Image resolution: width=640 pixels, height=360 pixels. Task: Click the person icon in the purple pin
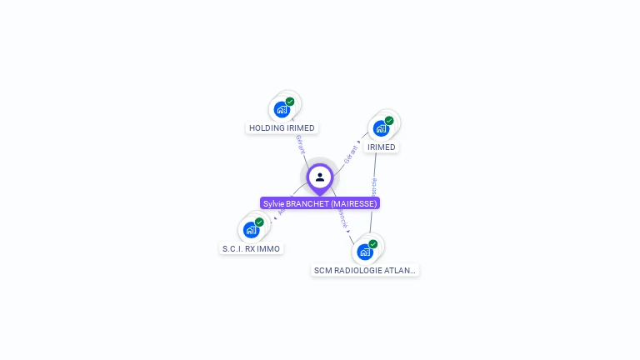pyautogui.click(x=320, y=177)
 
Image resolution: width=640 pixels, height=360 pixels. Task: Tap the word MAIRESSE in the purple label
pyautogui.click(x=354, y=203)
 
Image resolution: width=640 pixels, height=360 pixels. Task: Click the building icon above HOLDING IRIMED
pyautogui.click(x=282, y=109)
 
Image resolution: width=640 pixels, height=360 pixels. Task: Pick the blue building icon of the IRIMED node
pyautogui.click(x=381, y=128)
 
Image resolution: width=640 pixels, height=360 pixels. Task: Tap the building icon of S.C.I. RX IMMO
pyautogui.click(x=251, y=230)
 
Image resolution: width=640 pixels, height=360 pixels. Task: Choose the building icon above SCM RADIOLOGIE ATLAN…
pyautogui.click(x=364, y=252)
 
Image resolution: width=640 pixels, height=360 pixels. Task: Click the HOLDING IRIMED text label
pyautogui.click(x=282, y=128)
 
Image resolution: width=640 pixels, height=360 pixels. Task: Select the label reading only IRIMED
pyautogui.click(x=382, y=147)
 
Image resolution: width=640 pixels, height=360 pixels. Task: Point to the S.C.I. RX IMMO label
pyautogui.click(x=252, y=248)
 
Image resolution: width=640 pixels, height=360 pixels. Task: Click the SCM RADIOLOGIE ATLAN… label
pyautogui.click(x=365, y=271)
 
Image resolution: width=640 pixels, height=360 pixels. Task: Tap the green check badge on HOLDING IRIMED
pyautogui.click(x=290, y=102)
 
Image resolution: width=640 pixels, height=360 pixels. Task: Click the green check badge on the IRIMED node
pyautogui.click(x=389, y=121)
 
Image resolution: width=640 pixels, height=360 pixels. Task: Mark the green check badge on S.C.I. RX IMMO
pyautogui.click(x=259, y=222)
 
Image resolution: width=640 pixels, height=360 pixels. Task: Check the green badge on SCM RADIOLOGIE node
pyautogui.click(x=372, y=244)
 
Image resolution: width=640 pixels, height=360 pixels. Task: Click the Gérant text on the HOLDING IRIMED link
pyautogui.click(x=300, y=143)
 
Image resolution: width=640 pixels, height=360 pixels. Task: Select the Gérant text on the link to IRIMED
pyautogui.click(x=350, y=154)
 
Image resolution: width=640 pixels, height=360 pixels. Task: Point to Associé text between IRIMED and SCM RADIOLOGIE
pyautogui.click(x=373, y=187)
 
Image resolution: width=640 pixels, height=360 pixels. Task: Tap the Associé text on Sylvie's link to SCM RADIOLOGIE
pyautogui.click(x=342, y=218)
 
